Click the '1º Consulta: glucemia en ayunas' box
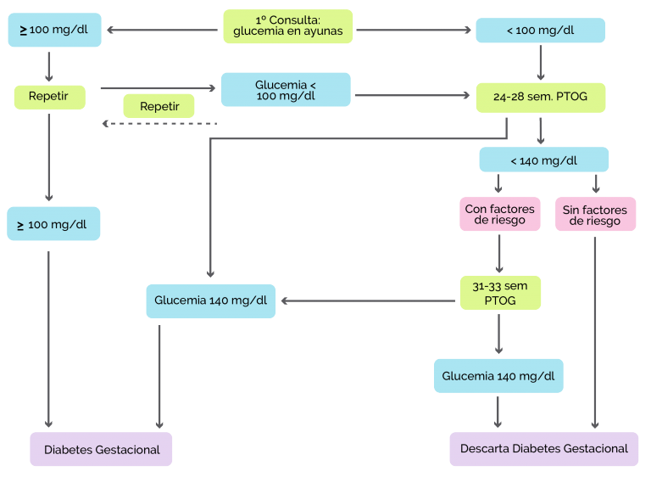(x=287, y=26)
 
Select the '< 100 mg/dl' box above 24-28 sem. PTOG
(x=540, y=30)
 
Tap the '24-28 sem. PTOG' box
(x=541, y=98)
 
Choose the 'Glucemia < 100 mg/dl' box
(x=286, y=89)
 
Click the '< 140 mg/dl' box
(x=544, y=160)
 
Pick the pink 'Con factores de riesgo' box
(x=500, y=214)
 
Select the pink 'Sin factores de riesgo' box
(x=595, y=214)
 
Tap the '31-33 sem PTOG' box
(x=500, y=293)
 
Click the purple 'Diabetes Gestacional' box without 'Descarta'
(x=101, y=449)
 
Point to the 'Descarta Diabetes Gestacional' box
(x=544, y=449)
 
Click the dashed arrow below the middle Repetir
(x=160, y=124)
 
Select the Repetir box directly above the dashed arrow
(x=159, y=106)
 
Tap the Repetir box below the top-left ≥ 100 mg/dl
(x=50, y=98)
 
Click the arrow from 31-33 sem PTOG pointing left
(x=368, y=300)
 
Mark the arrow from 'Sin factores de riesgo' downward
(x=595, y=333)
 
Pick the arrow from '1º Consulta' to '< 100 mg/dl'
(x=414, y=30)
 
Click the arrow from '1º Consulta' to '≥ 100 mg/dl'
(x=163, y=30)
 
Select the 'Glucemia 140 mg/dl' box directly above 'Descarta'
(x=498, y=376)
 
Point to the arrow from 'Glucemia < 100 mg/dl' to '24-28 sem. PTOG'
(x=412, y=95)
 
